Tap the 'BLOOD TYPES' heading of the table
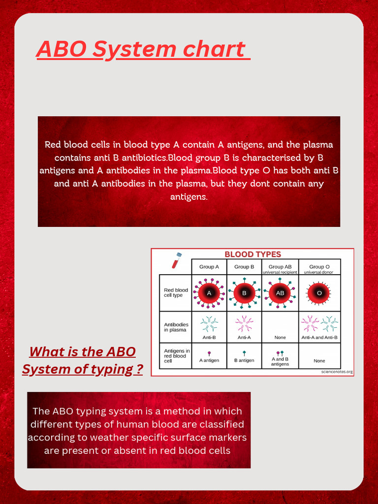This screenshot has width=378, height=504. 252,254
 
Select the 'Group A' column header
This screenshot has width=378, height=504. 209,267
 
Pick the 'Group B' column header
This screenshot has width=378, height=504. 244,267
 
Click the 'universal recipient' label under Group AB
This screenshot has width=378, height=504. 280,272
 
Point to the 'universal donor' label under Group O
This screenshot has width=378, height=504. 319,272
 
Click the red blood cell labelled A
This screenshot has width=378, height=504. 209,293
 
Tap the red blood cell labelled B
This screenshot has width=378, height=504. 244,293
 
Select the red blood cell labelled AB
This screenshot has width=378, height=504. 280,293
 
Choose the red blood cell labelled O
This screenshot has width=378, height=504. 319,293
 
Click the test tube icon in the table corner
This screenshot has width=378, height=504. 176,260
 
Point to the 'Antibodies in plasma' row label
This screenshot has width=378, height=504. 176,327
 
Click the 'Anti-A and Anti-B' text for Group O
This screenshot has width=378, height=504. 319,338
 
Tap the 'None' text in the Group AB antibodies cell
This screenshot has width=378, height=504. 280,338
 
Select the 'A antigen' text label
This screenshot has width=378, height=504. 209,360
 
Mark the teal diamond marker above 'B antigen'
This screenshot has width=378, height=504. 244,353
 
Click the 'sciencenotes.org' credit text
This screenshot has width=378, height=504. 336,372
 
